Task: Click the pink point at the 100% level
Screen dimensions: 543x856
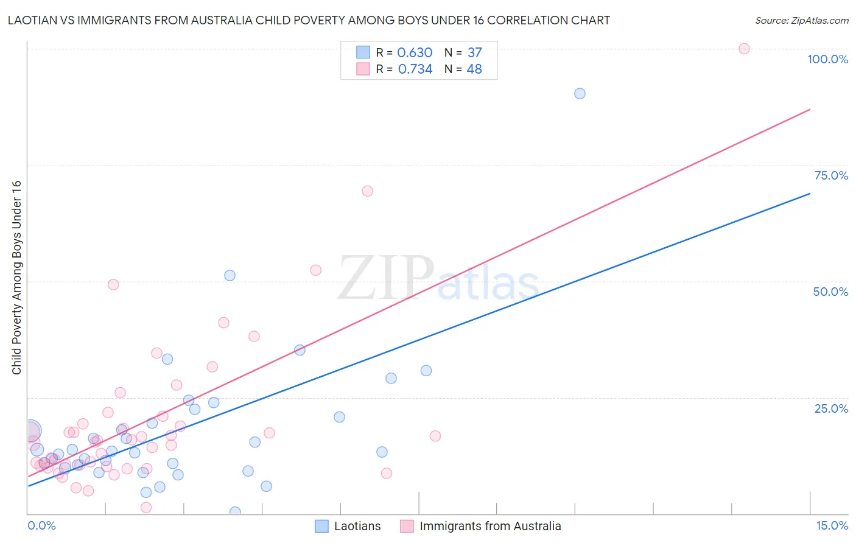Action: click(x=743, y=49)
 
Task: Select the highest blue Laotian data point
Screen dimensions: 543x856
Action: click(x=580, y=94)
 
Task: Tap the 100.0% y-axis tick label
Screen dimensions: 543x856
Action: click(x=827, y=59)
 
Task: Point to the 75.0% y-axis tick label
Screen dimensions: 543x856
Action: click(x=831, y=175)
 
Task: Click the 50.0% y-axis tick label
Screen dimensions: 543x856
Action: click(x=830, y=292)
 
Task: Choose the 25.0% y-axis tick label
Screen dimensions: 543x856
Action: click(x=831, y=408)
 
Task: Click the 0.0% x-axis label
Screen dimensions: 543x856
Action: click(x=41, y=525)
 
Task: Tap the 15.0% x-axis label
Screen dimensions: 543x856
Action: click(x=832, y=525)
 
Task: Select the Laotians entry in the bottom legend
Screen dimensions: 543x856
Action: click(x=357, y=526)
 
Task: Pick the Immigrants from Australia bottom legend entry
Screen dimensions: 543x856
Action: click(x=490, y=526)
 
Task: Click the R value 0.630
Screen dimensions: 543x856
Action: click(x=415, y=53)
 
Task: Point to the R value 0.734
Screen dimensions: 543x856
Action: click(x=415, y=69)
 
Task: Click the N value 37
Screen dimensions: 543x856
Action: click(x=474, y=53)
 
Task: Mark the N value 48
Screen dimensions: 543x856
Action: click(x=474, y=69)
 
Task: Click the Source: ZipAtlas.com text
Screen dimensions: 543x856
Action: click(x=801, y=21)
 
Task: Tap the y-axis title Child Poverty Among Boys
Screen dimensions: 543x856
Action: click(x=16, y=278)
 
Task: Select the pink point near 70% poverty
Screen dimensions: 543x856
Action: click(x=367, y=191)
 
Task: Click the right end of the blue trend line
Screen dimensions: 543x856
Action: click(x=810, y=194)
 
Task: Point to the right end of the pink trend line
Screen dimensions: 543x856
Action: click(x=810, y=110)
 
